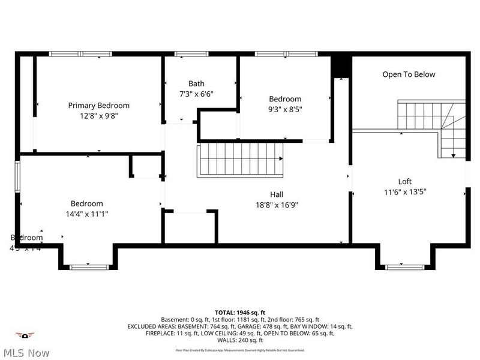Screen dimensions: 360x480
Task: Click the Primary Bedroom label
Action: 98,105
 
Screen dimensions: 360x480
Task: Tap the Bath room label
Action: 196,83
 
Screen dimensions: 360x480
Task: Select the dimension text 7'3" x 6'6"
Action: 196,94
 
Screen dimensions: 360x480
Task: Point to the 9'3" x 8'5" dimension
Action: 285,109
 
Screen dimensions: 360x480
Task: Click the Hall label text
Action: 277,194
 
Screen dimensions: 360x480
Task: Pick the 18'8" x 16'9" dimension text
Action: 277,205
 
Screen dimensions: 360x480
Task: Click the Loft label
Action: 405,181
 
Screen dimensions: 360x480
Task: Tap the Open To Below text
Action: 409,74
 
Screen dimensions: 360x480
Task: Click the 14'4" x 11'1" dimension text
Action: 86,214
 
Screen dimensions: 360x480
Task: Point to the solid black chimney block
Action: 341,65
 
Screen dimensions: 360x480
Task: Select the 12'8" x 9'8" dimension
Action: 98,115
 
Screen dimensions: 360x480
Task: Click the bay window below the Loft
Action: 404,266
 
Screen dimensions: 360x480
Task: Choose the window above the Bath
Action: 187,54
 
